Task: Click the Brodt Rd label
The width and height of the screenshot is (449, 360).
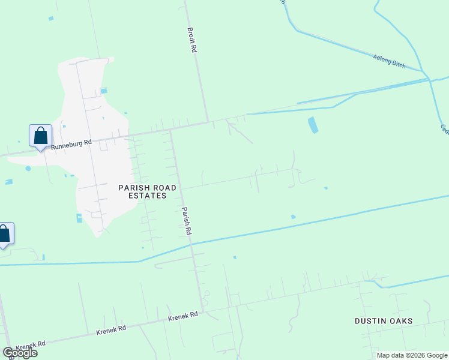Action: click(x=191, y=40)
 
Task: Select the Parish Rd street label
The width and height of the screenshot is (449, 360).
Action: click(x=186, y=221)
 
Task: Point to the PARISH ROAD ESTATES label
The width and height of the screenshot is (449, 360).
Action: click(x=147, y=191)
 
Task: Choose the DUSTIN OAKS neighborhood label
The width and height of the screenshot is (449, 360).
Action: click(x=384, y=321)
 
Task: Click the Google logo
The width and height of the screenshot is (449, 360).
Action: click(x=20, y=353)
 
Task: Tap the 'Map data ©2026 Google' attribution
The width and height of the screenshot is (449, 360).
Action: click(x=411, y=355)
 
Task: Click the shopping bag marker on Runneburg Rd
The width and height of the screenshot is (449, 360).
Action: click(x=40, y=136)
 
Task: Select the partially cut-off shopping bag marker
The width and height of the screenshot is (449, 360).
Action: click(x=4, y=234)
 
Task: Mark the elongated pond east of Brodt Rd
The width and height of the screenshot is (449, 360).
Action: click(x=312, y=125)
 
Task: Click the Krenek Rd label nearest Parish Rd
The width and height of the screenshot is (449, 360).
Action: click(x=183, y=316)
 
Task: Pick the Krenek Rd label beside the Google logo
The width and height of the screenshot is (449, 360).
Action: click(x=31, y=346)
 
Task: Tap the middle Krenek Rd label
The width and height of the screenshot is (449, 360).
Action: click(x=110, y=329)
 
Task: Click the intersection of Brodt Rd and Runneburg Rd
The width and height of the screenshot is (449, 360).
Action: click(x=208, y=122)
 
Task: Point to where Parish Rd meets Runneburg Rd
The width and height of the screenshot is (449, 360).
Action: click(x=171, y=129)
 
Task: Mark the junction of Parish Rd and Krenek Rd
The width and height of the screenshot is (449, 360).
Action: click(x=202, y=311)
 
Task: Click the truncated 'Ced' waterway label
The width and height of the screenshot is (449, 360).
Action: click(x=445, y=129)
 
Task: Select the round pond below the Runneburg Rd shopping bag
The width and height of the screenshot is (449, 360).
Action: click(x=28, y=169)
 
